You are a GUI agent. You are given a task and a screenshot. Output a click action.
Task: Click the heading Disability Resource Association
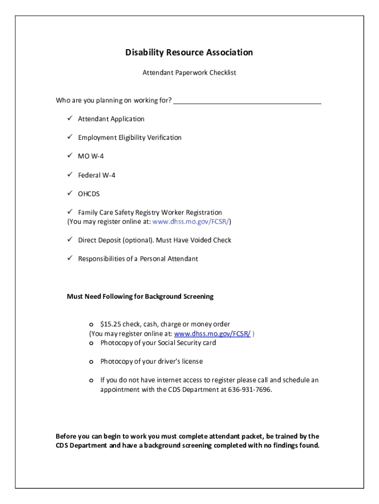189,52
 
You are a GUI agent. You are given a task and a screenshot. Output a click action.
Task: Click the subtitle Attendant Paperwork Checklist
189,73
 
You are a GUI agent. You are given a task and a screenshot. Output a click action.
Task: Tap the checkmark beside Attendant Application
70,119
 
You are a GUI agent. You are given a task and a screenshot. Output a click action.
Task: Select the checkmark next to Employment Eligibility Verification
70,137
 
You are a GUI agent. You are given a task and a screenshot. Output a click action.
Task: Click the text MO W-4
91,156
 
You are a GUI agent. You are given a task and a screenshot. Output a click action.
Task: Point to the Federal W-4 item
96,175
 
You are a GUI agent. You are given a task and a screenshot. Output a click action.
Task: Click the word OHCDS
89,194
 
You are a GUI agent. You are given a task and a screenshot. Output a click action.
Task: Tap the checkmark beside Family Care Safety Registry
70,212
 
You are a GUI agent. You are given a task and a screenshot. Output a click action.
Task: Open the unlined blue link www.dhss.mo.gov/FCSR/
190,221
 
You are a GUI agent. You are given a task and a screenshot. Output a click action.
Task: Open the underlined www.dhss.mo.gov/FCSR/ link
213,334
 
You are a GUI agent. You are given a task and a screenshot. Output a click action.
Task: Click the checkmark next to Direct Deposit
70,240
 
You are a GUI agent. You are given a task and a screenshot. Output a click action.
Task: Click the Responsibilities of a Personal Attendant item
138,259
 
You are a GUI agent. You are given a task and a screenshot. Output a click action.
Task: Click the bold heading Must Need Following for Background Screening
140,296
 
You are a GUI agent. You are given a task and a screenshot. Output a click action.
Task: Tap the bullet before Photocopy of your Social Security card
91,343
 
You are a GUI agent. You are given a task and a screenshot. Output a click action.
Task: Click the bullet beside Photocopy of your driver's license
91,362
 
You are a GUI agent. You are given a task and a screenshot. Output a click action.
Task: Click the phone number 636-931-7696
249,390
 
